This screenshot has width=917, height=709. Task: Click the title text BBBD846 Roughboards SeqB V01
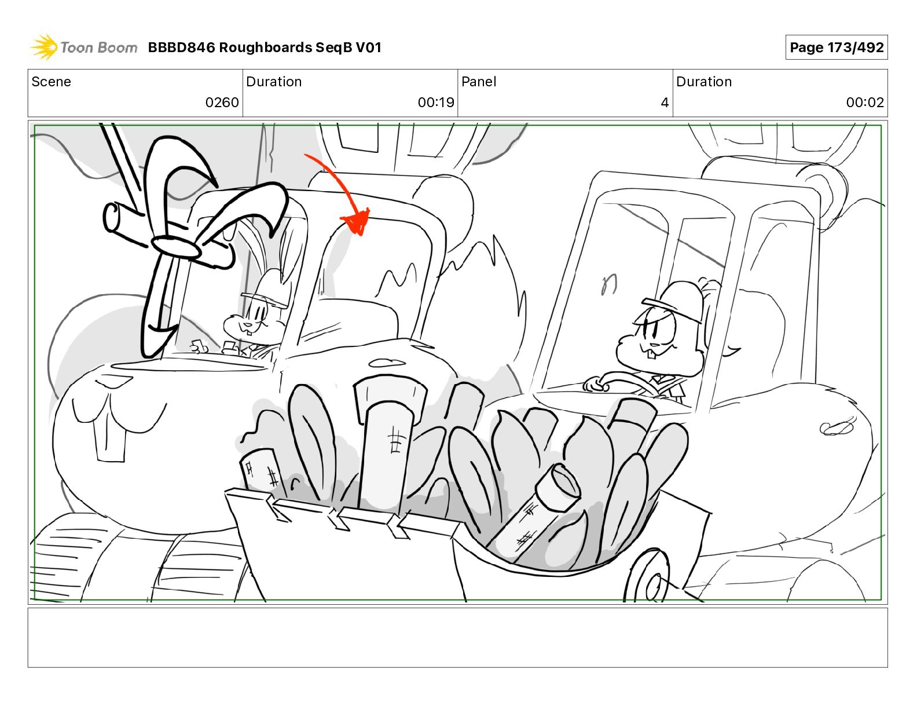pos(265,47)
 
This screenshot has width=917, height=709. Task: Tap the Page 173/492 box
pos(837,47)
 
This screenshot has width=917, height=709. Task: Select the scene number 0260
pos(222,102)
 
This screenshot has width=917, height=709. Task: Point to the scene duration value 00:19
pos(436,102)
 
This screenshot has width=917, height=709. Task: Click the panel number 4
pos(665,102)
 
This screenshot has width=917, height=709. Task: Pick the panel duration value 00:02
pos(865,102)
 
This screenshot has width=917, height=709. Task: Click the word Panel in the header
pos(479,82)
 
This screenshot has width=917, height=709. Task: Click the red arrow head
pos(356,221)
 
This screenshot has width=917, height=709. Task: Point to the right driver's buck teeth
pos(651,354)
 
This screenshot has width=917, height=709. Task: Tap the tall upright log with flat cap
pos(387,439)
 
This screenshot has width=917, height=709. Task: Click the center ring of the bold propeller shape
pos(175,247)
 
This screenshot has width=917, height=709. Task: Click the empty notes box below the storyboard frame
pos(458,638)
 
